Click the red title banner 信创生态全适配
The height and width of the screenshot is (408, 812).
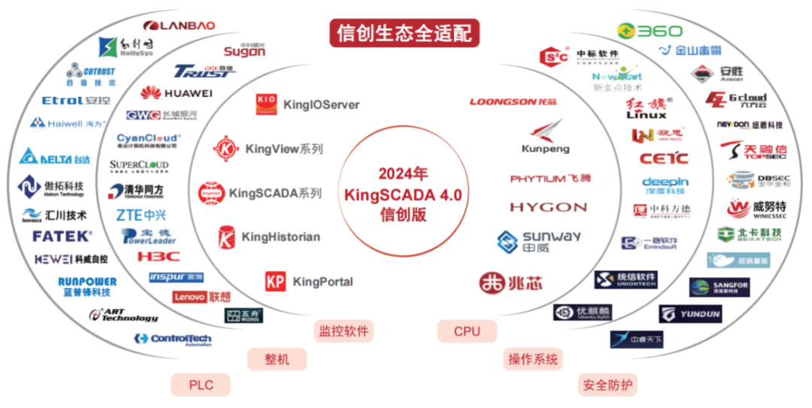[404, 33]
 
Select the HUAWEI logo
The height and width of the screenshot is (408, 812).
[176, 93]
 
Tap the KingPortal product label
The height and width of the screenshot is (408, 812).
[309, 282]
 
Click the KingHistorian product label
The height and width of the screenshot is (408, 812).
[268, 237]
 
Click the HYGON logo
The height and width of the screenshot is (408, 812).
[548, 207]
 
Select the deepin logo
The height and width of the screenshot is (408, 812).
[665, 186]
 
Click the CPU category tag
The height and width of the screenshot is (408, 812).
[467, 331]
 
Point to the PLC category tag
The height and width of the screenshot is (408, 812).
[201, 385]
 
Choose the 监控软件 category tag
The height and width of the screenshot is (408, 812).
[344, 331]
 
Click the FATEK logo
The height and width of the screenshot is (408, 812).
[62, 236]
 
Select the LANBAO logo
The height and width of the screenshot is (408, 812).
[178, 26]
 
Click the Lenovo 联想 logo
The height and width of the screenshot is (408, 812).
[201, 297]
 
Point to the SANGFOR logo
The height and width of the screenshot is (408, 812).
[720, 287]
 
